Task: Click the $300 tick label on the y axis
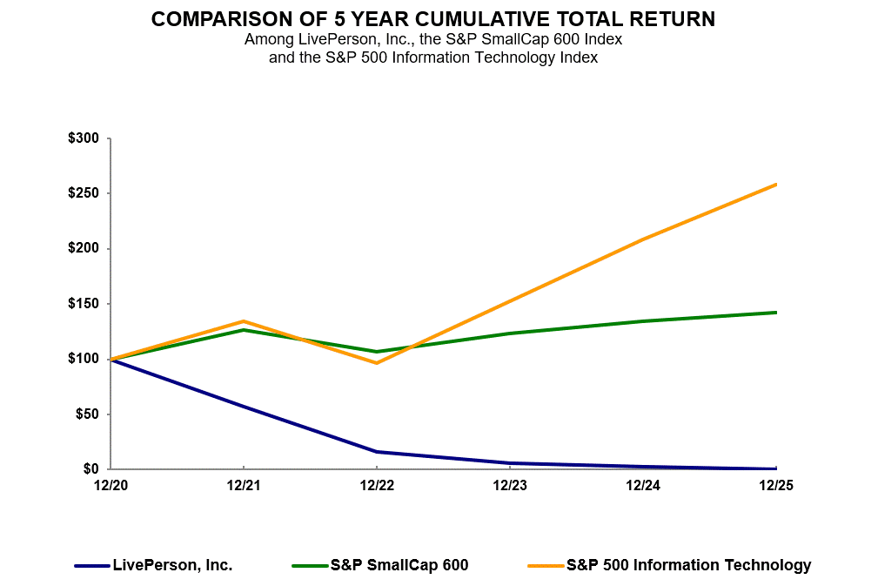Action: click(84, 138)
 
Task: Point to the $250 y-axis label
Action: click(84, 193)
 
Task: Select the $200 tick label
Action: click(84, 249)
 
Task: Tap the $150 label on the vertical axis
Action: click(84, 304)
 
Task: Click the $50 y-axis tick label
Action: click(88, 414)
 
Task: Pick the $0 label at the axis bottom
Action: click(91, 469)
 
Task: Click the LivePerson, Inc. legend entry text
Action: click(172, 565)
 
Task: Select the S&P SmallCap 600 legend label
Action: click(399, 565)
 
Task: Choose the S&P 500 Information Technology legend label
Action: click(688, 565)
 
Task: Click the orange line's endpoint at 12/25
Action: click(775, 185)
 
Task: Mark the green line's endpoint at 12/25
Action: click(775, 312)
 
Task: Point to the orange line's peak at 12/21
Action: click(244, 321)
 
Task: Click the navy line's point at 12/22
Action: click(376, 452)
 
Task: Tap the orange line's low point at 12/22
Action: click(376, 362)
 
